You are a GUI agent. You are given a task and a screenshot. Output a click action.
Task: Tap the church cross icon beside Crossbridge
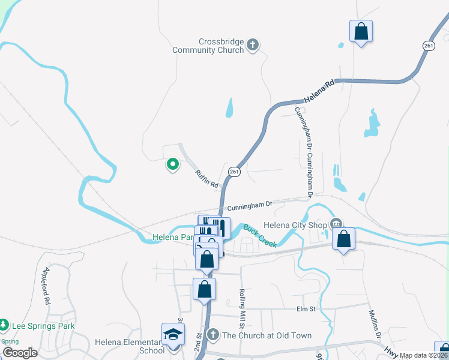[x=253, y=44]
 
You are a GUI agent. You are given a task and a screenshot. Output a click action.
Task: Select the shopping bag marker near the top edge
[x=361, y=31]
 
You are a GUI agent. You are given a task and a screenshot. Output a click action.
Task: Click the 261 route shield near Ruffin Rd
[x=234, y=172]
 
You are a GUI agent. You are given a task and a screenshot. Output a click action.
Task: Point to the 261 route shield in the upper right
[x=428, y=46]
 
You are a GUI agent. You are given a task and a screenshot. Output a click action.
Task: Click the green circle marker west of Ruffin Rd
[x=172, y=163]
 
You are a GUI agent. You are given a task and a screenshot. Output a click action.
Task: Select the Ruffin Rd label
[x=206, y=179]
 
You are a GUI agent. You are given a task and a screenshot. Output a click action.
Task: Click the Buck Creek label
[x=260, y=235]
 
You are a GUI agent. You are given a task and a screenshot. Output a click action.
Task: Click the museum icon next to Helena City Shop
[x=336, y=224]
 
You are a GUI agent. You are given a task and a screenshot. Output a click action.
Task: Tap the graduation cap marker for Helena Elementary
[x=173, y=334]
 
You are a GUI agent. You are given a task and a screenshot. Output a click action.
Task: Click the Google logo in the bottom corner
[x=19, y=353]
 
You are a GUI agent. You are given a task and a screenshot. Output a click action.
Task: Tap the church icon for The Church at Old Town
[x=212, y=334]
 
